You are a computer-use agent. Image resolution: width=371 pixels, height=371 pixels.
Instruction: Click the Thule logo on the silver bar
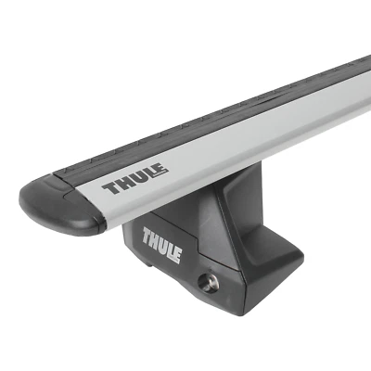pos(134,181)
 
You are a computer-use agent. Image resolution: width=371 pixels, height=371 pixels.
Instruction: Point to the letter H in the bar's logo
pos(122,185)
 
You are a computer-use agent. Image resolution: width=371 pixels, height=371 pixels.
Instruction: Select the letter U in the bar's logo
pos(135,180)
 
